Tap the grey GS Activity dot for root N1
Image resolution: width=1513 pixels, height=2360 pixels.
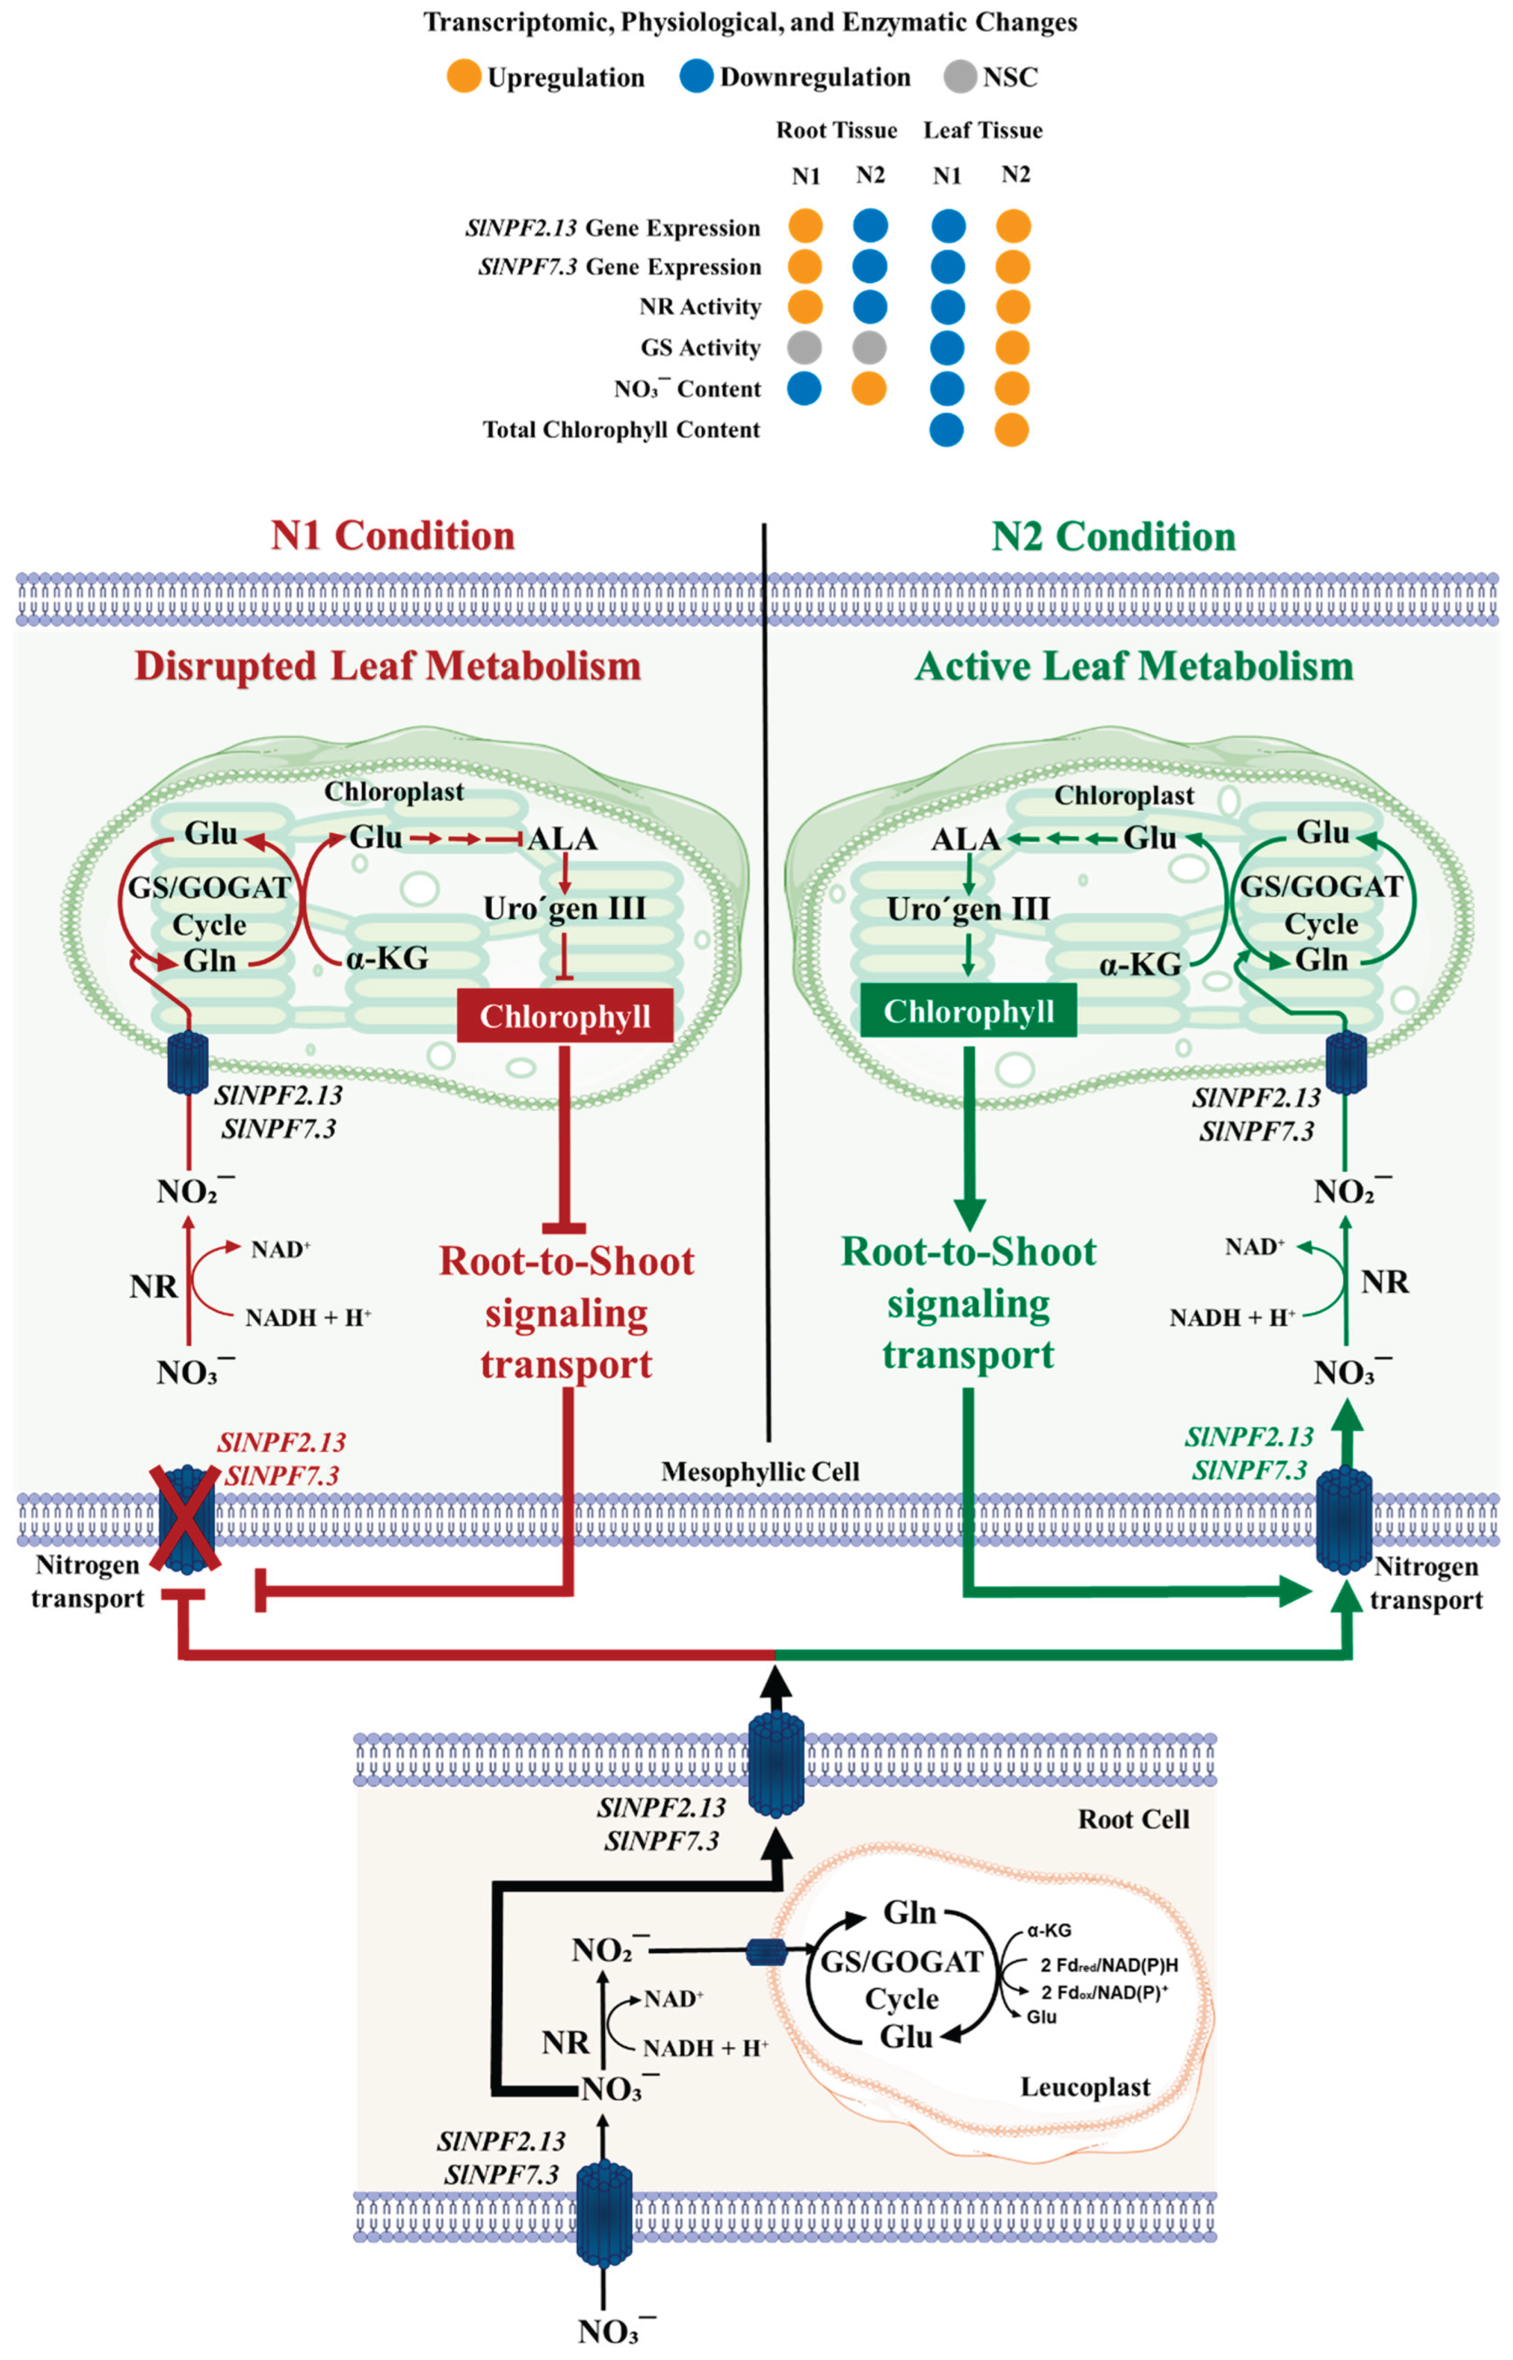click(804, 347)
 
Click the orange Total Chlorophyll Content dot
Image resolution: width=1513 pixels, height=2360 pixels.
click(1012, 429)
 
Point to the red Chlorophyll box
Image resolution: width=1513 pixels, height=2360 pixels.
click(565, 1016)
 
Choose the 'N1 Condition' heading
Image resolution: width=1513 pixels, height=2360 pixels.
click(393, 536)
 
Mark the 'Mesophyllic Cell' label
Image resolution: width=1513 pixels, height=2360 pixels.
click(760, 1471)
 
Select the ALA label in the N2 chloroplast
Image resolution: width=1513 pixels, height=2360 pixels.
click(966, 839)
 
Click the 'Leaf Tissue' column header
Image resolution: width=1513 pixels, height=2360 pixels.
click(982, 131)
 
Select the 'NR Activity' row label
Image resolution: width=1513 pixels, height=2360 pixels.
click(700, 306)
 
